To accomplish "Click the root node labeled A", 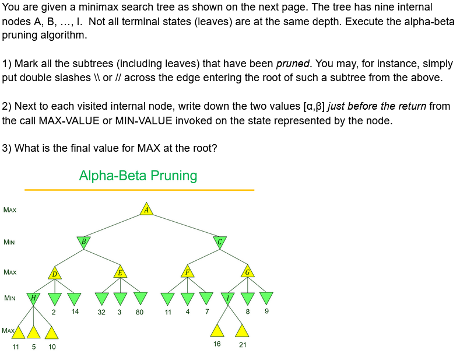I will click(147, 209).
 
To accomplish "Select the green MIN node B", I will click(84, 242).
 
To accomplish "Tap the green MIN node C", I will click(220, 242).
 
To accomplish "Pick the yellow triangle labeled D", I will click(54, 272).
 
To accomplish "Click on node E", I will click(120, 272).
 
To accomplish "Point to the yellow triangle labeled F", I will click(187, 272).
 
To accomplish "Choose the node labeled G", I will click(247, 272).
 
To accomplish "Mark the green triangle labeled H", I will click(34, 298).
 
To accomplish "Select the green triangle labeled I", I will click(229, 298).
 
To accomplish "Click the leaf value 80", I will click(139, 312).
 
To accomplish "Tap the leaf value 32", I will click(101, 312).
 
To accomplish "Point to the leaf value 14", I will click(75, 312).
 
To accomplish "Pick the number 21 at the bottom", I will click(243, 345).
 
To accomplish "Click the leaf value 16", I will click(217, 344).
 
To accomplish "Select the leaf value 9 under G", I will click(266, 312).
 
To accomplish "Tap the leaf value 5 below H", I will click(34, 347).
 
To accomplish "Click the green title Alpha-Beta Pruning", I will click(138, 176).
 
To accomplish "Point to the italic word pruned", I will click(293, 64).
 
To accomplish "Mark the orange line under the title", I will click(139, 190).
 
